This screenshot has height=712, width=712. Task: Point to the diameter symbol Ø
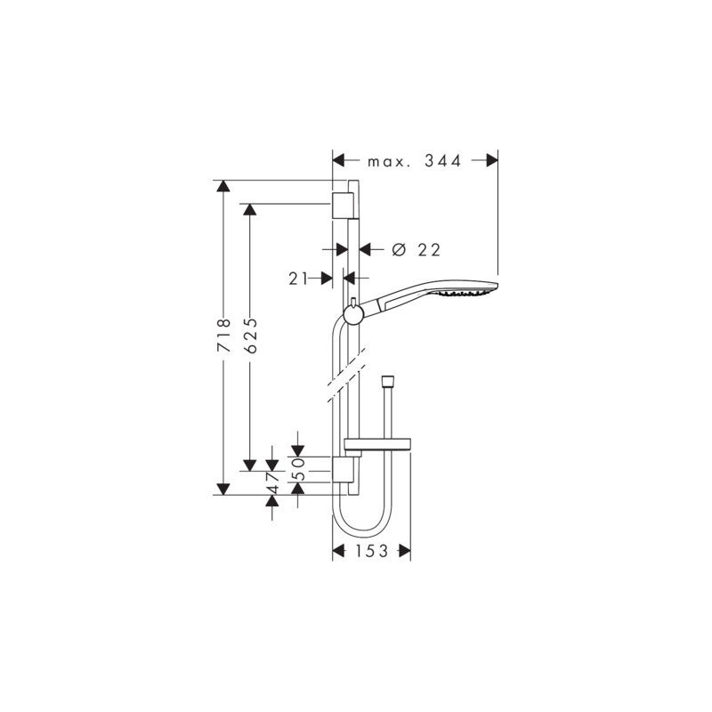click(x=399, y=250)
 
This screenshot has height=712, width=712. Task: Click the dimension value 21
click(x=298, y=279)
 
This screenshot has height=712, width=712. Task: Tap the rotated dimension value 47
click(x=274, y=481)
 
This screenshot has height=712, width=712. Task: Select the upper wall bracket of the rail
click(x=341, y=204)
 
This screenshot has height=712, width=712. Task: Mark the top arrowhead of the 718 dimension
click(x=223, y=187)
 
